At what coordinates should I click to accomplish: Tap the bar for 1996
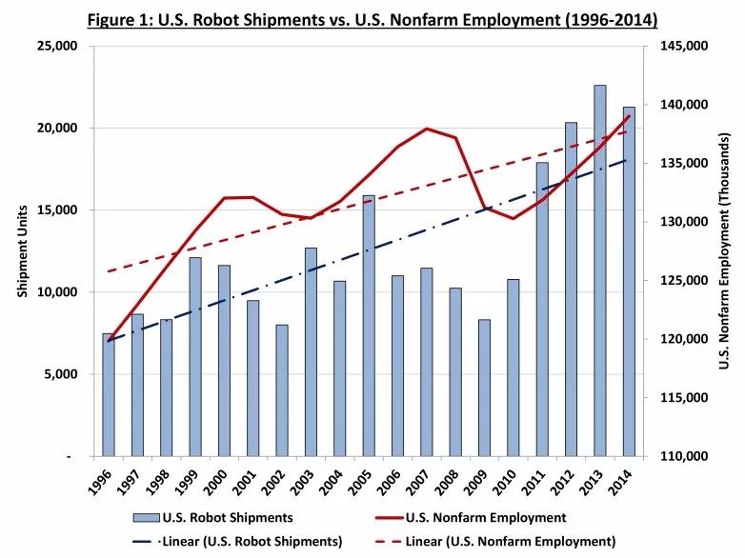pos(109,395)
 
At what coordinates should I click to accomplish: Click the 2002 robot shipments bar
pos(282,390)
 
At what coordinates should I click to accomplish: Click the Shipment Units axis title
pos(23,251)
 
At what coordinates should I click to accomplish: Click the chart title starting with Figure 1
pos(372,18)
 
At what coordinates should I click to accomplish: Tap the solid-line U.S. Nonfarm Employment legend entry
pos(486,518)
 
